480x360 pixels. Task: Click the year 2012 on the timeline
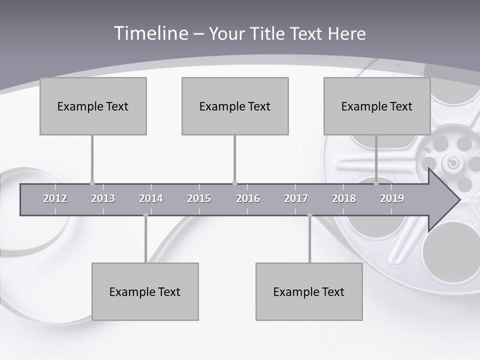point(55,198)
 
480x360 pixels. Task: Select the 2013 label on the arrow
point(103,198)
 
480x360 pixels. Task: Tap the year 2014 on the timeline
point(151,198)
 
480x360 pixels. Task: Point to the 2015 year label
point(199,198)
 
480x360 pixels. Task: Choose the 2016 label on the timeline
point(248,198)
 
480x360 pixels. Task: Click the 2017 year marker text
point(296,198)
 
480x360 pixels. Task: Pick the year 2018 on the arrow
point(344,198)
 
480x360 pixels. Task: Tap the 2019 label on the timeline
point(392,198)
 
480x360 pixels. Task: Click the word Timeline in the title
point(149,33)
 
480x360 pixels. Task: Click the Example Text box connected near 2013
point(93,106)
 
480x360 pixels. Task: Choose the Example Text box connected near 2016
point(235,106)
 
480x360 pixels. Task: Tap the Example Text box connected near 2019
point(377,106)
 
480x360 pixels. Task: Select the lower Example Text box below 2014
point(145,291)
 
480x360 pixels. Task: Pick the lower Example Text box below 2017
point(309,291)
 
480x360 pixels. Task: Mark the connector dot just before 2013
point(92,183)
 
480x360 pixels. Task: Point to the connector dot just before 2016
point(235,183)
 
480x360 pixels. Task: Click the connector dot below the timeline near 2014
point(145,215)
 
